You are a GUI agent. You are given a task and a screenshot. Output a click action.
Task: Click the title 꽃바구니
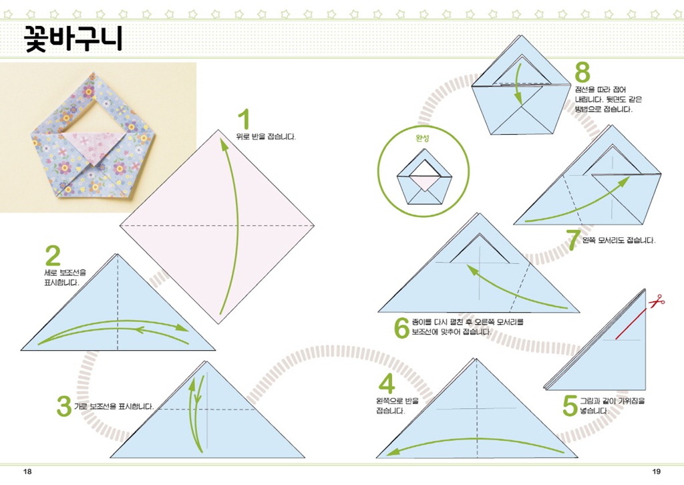click(73, 38)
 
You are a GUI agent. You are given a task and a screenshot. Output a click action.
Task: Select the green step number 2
click(53, 256)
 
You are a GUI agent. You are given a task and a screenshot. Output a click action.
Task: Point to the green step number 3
click(64, 406)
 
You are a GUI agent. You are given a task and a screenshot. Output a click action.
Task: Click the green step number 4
click(387, 384)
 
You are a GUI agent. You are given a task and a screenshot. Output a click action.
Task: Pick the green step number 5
click(570, 406)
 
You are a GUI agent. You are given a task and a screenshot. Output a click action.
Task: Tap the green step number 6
click(401, 328)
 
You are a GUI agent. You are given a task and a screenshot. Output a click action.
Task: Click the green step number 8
click(582, 72)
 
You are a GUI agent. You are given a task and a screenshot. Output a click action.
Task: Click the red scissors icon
click(657, 301)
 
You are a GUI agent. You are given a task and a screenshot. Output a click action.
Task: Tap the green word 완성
click(422, 138)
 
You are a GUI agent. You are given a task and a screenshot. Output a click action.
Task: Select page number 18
click(27, 472)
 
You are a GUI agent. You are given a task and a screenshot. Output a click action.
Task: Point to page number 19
click(656, 472)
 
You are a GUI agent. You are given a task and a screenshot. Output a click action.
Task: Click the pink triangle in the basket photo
click(92, 146)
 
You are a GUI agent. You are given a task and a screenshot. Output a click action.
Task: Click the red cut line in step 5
click(631, 323)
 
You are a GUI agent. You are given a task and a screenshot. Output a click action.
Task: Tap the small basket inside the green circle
click(424, 177)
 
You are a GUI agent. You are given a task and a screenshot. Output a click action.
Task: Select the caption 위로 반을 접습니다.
click(266, 137)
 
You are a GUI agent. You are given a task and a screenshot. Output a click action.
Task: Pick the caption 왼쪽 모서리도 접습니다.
click(619, 240)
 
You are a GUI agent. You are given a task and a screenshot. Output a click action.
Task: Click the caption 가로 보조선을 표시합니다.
click(114, 406)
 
